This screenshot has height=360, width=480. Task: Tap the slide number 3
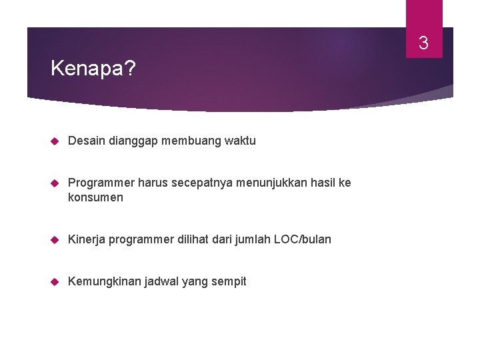tap(423, 45)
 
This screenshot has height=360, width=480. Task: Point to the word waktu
tap(239, 141)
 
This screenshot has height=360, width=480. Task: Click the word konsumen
tap(95, 197)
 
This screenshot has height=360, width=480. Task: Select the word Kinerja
tap(86, 239)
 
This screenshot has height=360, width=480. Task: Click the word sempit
tap(229, 281)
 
